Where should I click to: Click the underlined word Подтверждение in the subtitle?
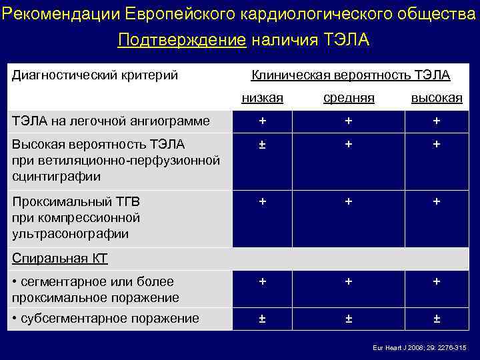click(x=181, y=41)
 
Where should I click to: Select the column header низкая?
click(x=262, y=98)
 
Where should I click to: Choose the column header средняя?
click(x=349, y=98)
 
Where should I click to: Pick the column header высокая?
click(x=436, y=98)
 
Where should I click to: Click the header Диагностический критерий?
click(x=95, y=75)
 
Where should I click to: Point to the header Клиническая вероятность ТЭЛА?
click(x=350, y=75)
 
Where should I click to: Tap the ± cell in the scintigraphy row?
click(x=263, y=144)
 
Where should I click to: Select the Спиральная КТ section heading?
click(x=60, y=259)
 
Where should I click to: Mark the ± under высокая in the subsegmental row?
click(x=437, y=318)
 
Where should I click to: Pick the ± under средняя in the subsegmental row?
click(x=349, y=318)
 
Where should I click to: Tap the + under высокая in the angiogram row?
click(x=437, y=121)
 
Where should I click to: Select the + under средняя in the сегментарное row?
click(x=349, y=282)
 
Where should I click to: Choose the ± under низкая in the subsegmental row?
click(x=263, y=318)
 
